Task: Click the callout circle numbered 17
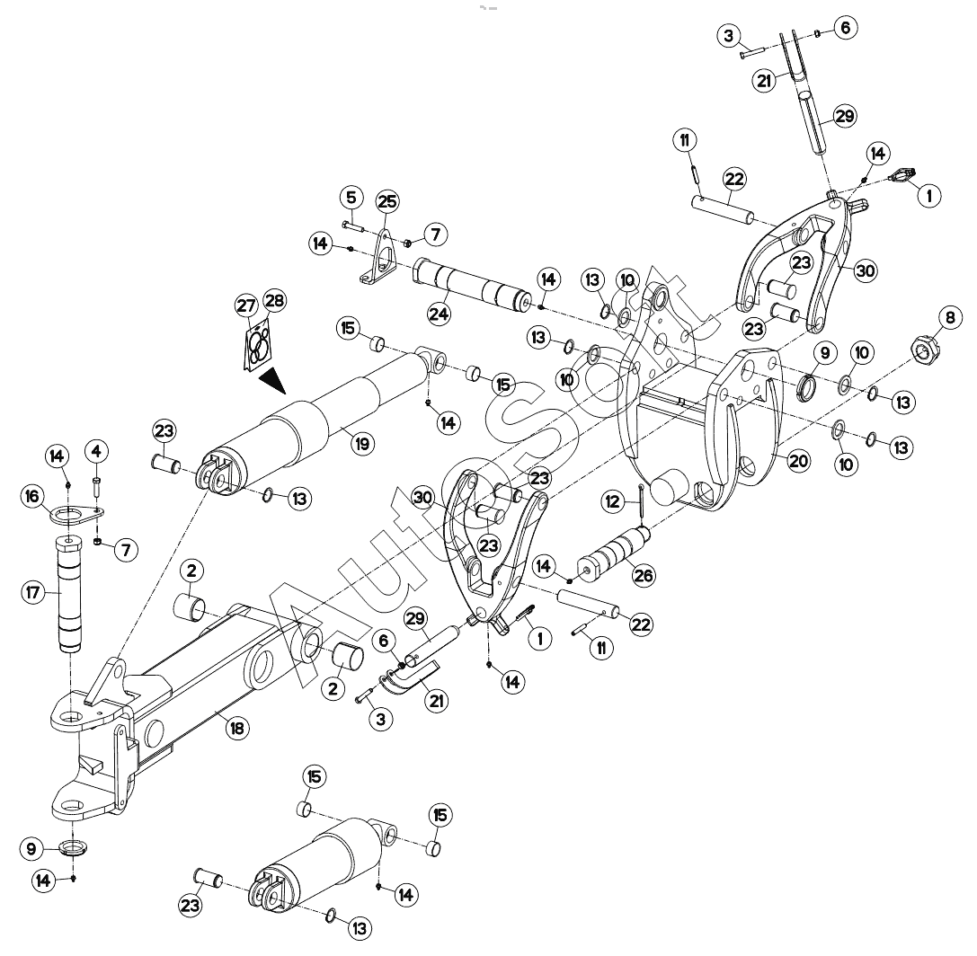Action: [x=33, y=592]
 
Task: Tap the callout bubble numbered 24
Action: [x=439, y=314]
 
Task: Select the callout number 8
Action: [x=949, y=318]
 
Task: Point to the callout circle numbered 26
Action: [x=644, y=575]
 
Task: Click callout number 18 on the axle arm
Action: [x=236, y=728]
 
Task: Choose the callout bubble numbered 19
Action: [x=362, y=444]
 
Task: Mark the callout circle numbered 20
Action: [x=798, y=462]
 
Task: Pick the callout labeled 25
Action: [x=387, y=202]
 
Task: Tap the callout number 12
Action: [x=613, y=501]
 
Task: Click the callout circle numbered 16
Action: [x=31, y=496]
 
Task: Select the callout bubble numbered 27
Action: [x=246, y=305]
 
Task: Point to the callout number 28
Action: [x=274, y=301]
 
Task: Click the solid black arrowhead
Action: [x=271, y=380]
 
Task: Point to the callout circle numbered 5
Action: [x=351, y=198]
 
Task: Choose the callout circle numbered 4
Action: [x=96, y=451]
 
